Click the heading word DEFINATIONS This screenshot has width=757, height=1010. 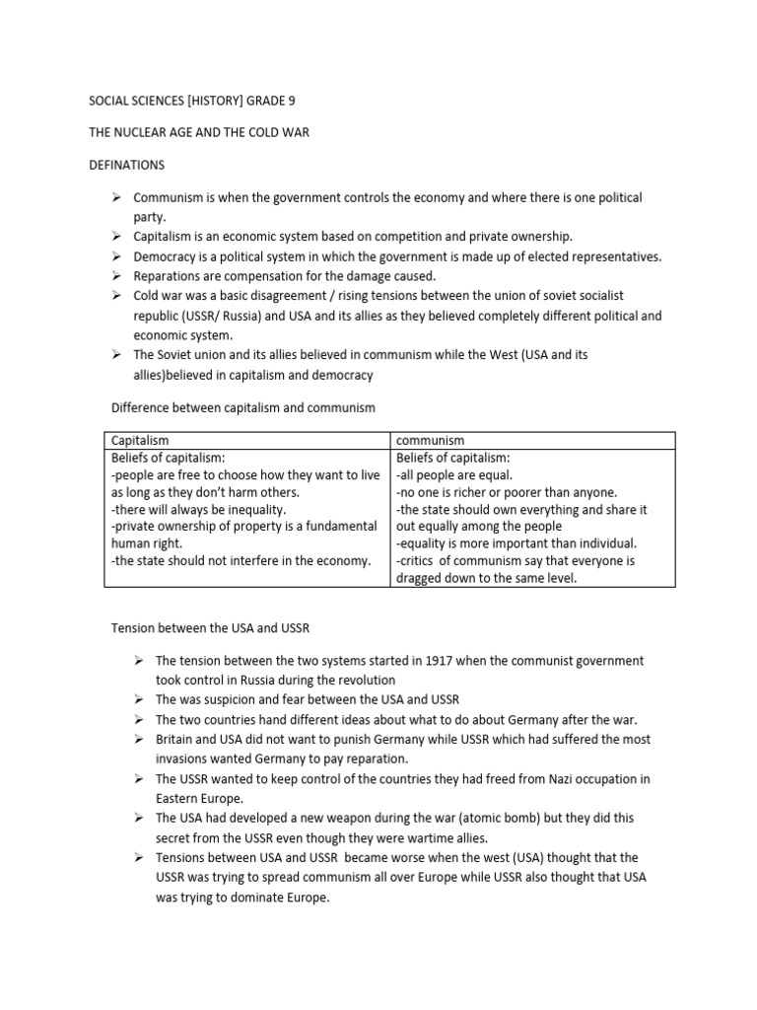[127, 165]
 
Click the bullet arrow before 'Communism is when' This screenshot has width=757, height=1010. [115, 197]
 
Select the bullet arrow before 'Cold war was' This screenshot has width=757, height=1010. [115, 296]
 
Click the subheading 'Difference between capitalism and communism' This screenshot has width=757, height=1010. [241, 407]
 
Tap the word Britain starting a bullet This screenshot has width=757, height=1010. [176, 740]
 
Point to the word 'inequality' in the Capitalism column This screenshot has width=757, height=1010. [254, 510]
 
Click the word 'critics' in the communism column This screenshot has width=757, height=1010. [421, 561]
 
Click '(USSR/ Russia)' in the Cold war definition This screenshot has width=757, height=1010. [194, 316]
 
